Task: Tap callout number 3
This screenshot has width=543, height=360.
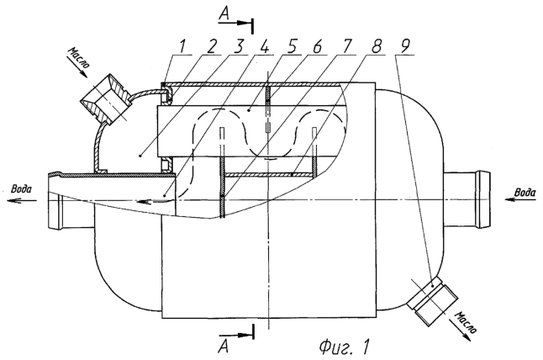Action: (239, 46)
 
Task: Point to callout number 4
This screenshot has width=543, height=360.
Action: (264, 46)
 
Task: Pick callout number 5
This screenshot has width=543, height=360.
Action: (292, 46)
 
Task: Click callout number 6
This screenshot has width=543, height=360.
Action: (318, 46)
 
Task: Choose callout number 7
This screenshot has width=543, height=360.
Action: (346, 46)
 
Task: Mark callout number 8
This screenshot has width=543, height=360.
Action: (376, 46)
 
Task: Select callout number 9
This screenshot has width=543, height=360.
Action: (404, 46)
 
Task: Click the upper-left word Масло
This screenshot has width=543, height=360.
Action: (81, 58)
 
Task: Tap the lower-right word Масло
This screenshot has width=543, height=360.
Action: (467, 323)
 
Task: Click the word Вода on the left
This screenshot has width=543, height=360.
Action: (22, 189)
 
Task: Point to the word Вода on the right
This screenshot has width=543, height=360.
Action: (525, 193)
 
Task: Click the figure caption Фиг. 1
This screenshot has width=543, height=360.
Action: (345, 347)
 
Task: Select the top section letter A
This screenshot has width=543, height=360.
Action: (224, 14)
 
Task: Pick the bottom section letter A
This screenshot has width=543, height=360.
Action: (224, 346)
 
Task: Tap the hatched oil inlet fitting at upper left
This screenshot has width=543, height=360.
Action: (105, 99)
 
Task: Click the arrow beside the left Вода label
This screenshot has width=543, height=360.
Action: (22, 200)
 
